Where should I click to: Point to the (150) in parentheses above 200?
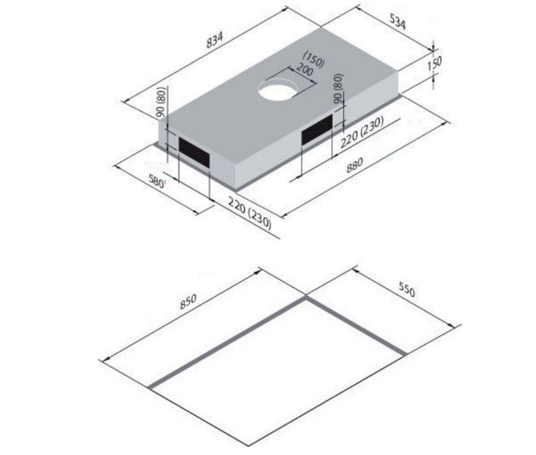(x=314, y=61)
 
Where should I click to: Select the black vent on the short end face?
(x=194, y=152)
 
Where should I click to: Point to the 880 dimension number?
(x=355, y=165)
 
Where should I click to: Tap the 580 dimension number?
(x=156, y=182)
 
